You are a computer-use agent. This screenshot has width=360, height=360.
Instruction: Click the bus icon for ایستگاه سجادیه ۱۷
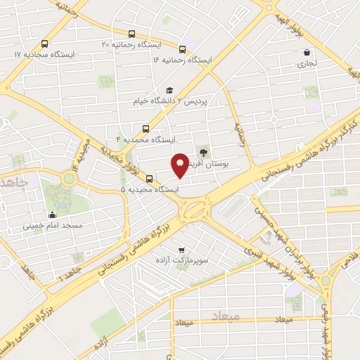tap(45, 43)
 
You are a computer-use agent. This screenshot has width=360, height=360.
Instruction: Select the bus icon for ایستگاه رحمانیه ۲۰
tap(131, 34)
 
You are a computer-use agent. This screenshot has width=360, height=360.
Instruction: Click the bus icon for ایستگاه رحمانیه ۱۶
tap(182, 49)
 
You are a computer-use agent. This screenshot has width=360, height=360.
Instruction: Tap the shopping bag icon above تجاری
tap(307, 52)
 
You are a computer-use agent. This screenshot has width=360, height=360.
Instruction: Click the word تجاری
tap(307, 63)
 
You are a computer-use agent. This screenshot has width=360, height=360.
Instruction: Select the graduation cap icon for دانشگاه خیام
tap(169, 90)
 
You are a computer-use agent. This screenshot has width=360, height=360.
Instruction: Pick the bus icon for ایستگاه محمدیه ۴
tap(146, 129)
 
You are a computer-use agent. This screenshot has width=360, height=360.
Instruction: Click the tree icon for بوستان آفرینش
tap(204, 151)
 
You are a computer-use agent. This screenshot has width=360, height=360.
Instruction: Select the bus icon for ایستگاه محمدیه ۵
tap(148, 179)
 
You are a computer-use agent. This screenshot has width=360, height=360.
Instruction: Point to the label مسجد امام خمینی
tap(53, 226)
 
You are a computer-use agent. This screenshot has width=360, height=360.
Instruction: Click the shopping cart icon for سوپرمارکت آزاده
tap(182, 249)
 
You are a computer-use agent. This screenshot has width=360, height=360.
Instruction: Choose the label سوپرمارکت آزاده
tap(184, 260)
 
